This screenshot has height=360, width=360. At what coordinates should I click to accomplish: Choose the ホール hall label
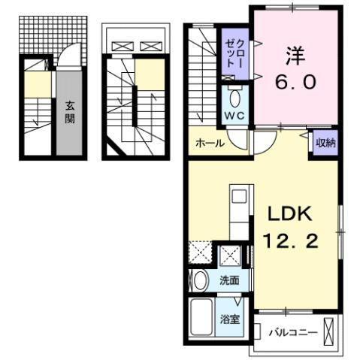210,143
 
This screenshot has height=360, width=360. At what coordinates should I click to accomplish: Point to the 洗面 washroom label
229,280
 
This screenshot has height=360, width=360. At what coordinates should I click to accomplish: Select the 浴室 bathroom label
230,318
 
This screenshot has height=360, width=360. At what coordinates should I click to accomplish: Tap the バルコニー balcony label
294,331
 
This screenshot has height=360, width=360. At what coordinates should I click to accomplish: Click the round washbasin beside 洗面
201,281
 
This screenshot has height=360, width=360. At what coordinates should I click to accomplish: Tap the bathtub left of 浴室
201,317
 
